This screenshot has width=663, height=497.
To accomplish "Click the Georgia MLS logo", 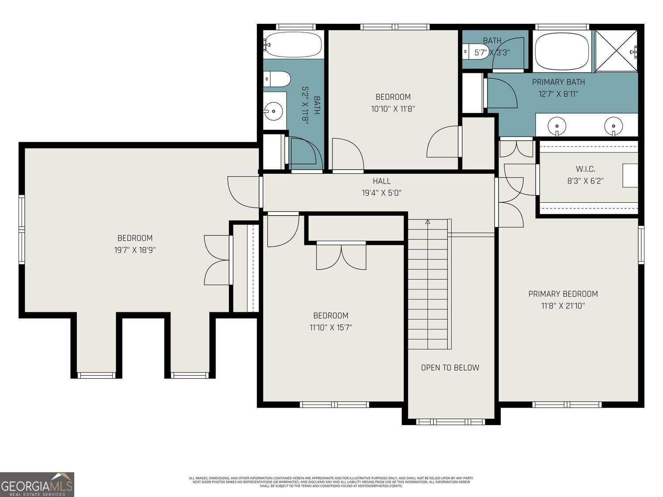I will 37,485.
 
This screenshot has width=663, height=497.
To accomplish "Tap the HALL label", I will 381,181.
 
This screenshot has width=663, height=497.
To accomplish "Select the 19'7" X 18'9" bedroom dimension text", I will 135,250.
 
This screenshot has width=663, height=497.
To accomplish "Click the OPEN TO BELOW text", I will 450,368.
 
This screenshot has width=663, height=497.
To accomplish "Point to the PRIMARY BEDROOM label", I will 563,294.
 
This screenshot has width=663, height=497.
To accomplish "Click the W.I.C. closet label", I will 585,169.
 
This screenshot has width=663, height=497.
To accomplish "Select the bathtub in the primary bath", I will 561,51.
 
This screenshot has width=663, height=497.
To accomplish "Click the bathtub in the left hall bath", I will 293,44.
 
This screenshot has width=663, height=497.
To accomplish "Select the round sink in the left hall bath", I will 274,111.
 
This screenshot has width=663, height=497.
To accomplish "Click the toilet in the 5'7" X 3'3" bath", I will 470,52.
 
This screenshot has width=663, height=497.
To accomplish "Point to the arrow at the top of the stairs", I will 427,222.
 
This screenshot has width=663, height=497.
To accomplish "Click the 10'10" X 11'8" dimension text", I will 393,109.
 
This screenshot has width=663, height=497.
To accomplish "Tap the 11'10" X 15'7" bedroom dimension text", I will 331,327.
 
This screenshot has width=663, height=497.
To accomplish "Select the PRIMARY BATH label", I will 558,82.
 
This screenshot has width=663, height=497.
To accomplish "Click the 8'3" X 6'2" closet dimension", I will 585,181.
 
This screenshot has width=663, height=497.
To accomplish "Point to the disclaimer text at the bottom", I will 331,482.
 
